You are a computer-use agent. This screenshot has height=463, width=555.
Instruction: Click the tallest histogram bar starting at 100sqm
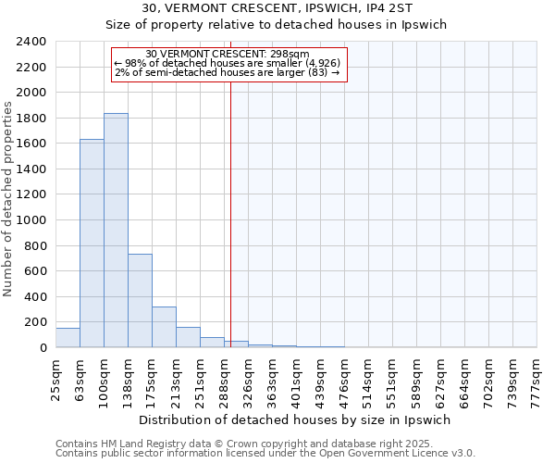click(116, 231)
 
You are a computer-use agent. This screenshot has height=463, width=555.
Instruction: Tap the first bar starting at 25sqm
click(68, 338)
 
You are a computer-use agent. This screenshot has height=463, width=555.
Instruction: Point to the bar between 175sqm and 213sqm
click(164, 327)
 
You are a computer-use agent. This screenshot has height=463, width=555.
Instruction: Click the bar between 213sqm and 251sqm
click(188, 337)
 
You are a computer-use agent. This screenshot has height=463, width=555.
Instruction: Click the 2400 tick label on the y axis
click(31, 43)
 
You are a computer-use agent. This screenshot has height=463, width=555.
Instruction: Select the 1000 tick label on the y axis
click(31, 220)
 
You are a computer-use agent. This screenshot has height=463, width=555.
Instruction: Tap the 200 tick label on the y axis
click(35, 322)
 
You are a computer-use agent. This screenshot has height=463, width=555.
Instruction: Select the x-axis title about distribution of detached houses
click(296, 419)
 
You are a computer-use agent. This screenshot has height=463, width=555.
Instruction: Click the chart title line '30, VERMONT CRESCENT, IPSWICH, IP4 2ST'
click(277, 8)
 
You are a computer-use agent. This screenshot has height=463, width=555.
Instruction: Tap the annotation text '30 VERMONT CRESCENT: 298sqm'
click(228, 54)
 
